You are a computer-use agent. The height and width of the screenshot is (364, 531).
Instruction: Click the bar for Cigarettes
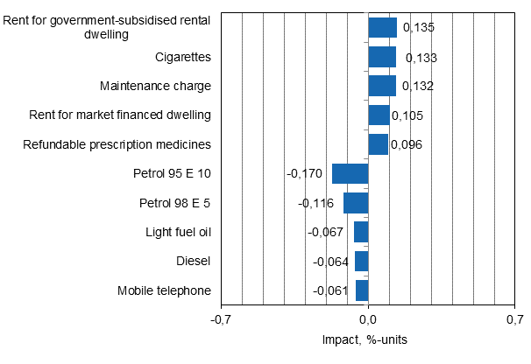[x=382, y=57]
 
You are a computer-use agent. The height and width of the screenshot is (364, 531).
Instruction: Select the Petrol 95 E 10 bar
[x=350, y=173]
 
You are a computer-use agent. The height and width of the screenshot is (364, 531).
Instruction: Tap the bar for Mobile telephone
[x=362, y=290]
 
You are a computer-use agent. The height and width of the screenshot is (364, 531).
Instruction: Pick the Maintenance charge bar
[x=382, y=86]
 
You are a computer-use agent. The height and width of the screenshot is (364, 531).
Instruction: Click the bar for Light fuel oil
[x=361, y=232]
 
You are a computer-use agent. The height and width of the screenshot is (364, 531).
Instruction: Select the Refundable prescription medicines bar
[x=379, y=144]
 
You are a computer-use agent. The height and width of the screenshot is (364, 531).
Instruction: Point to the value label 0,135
[x=418, y=27]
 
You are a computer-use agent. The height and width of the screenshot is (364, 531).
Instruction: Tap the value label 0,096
[x=407, y=144]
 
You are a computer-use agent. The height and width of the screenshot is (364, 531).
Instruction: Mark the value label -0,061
[x=329, y=290]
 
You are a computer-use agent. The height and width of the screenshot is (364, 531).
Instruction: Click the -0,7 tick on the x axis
[x=221, y=320]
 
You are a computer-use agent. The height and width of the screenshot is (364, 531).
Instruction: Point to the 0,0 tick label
[x=368, y=320]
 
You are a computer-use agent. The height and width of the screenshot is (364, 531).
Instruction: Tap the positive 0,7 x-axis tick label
[x=515, y=320]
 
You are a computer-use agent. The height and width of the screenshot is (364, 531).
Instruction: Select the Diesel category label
[x=192, y=261]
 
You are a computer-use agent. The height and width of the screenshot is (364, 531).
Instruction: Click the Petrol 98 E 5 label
[x=175, y=203]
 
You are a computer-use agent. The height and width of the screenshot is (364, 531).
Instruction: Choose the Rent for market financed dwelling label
[x=120, y=115]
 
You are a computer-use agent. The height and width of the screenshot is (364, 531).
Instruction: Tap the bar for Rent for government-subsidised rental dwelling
[x=382, y=27]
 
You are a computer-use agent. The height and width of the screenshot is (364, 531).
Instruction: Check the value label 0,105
[x=408, y=115]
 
